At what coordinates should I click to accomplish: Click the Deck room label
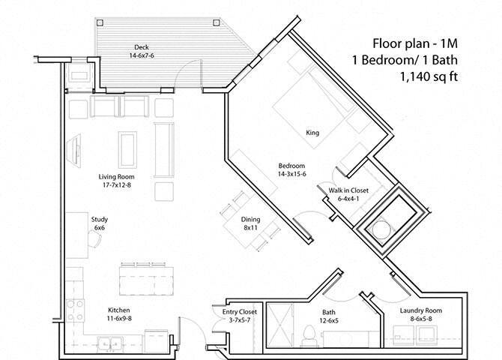(x=142, y=47)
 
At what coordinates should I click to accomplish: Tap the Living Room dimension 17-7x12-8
(x=117, y=185)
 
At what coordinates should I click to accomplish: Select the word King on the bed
(x=312, y=133)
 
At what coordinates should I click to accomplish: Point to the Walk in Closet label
(x=348, y=190)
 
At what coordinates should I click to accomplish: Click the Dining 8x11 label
(x=251, y=223)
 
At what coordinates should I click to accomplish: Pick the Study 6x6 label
(x=100, y=223)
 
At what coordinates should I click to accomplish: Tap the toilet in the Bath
(x=309, y=335)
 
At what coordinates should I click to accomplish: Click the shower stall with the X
(x=279, y=325)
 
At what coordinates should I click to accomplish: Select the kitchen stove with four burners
(x=75, y=310)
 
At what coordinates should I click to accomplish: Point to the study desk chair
(x=94, y=238)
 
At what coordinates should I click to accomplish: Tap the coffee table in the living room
(x=127, y=150)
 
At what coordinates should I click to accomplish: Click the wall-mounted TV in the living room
(x=75, y=150)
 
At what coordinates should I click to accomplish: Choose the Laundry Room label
(x=421, y=310)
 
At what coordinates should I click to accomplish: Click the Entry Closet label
(x=240, y=312)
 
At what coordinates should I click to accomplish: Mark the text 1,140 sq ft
(x=429, y=77)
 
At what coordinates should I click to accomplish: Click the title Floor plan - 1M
(x=415, y=43)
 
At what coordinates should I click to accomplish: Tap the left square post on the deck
(x=100, y=22)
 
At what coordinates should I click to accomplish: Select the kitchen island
(x=147, y=280)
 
